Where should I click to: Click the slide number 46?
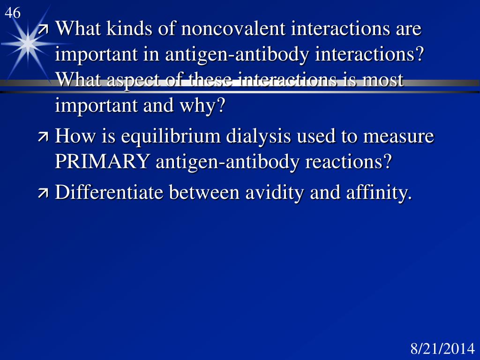click(13, 13)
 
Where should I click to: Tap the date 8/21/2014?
click(442, 349)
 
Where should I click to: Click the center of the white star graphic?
click(28, 43)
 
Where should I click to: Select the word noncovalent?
click(233, 29)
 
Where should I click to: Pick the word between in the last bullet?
click(204, 192)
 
